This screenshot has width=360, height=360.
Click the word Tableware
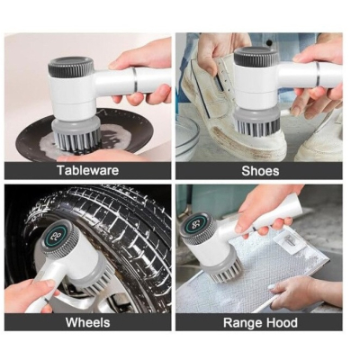88,170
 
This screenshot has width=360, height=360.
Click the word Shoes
260,171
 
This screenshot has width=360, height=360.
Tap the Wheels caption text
88,322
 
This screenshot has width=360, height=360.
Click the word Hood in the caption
281,322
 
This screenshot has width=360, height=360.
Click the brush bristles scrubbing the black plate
76,140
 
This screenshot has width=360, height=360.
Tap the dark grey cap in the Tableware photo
71,66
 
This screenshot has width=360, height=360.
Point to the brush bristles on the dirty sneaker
256,125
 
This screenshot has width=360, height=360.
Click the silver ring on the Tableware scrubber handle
134,80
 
